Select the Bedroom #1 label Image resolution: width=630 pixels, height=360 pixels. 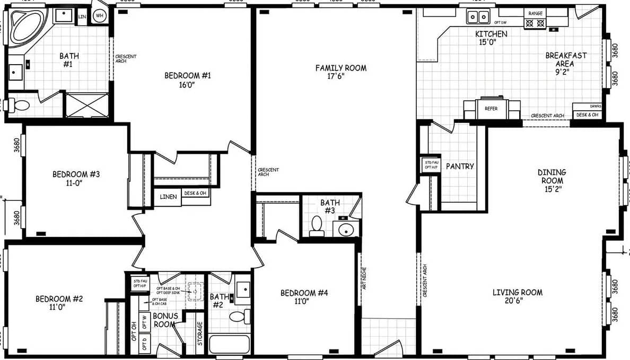point(188,80)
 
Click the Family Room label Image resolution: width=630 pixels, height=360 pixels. point(340,72)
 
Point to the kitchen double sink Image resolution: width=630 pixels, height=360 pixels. point(478,17)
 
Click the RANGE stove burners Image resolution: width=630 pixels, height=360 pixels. point(535,23)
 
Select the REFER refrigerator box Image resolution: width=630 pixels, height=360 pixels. point(487,109)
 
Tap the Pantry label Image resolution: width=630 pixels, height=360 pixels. point(460,166)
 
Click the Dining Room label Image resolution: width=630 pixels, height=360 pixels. point(552,180)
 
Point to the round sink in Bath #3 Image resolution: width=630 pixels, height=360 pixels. point(345,229)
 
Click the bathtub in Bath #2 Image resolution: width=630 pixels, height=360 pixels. point(229,344)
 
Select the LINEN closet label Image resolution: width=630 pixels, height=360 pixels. point(169,197)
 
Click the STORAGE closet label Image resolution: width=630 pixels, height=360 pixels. point(200,333)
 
